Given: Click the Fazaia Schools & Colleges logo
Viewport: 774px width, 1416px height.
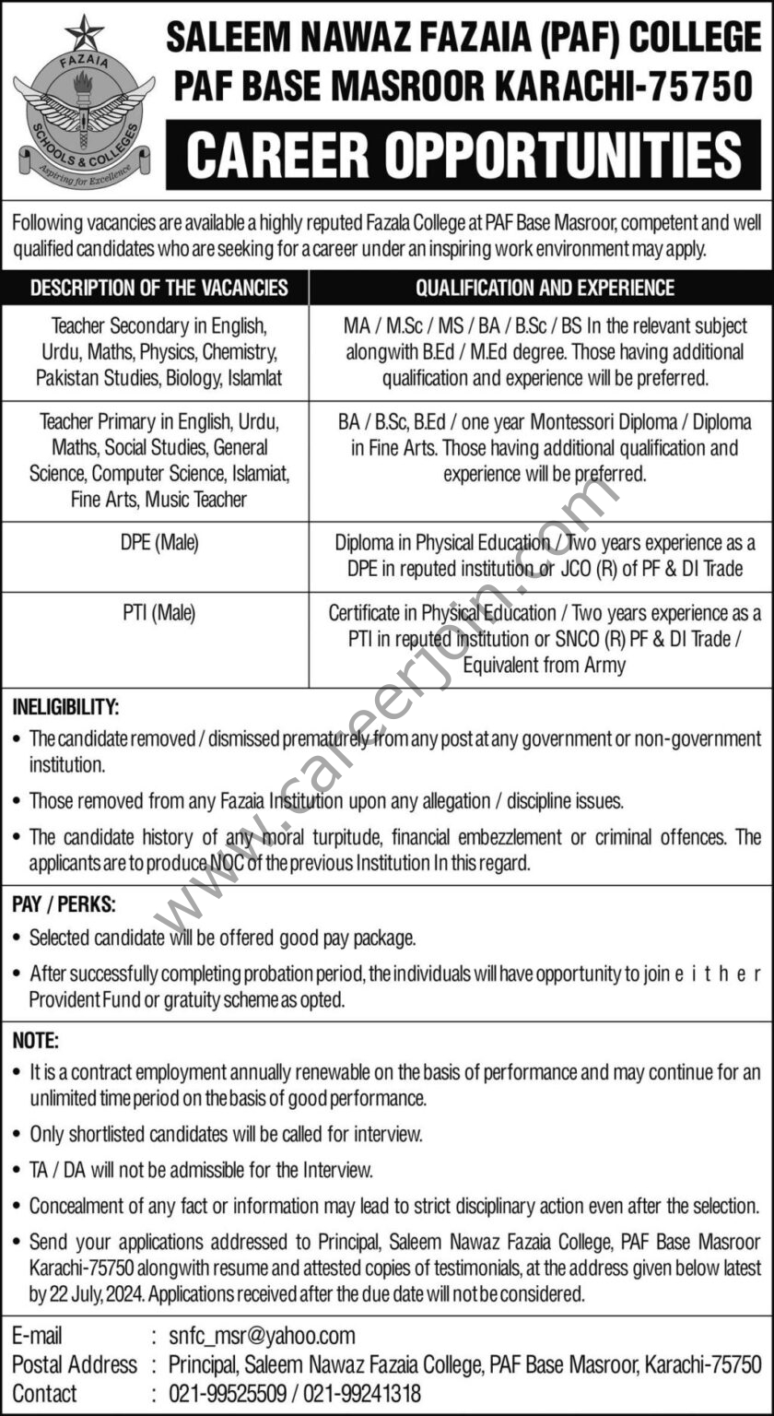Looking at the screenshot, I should [x=83, y=106].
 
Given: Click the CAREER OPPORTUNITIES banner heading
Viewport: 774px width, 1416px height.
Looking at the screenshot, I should [x=464, y=155].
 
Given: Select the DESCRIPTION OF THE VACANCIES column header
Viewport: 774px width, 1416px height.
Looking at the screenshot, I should [x=158, y=288].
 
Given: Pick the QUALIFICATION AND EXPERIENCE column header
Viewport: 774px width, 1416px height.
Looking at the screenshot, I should [x=545, y=288].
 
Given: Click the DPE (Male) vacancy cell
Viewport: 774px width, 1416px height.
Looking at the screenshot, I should [x=158, y=545].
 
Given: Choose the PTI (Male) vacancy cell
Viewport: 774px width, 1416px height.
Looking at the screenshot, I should [x=158, y=612].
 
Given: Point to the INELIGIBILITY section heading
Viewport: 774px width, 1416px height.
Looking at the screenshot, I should [x=65, y=708].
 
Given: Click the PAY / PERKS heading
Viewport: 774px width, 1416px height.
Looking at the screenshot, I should [x=64, y=904].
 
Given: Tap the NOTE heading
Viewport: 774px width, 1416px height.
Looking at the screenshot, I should [x=36, y=1041].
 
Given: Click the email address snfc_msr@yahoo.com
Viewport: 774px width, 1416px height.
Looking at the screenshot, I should [x=262, y=1335].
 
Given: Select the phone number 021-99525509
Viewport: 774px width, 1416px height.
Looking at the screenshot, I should [x=226, y=1394].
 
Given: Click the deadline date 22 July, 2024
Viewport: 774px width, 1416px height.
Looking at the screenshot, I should [x=98, y=1294].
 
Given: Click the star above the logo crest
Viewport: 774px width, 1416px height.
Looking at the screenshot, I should [x=84, y=32].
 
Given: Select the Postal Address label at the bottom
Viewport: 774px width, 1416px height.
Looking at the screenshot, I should [x=74, y=1364].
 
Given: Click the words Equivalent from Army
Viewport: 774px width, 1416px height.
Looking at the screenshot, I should [x=544, y=664].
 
